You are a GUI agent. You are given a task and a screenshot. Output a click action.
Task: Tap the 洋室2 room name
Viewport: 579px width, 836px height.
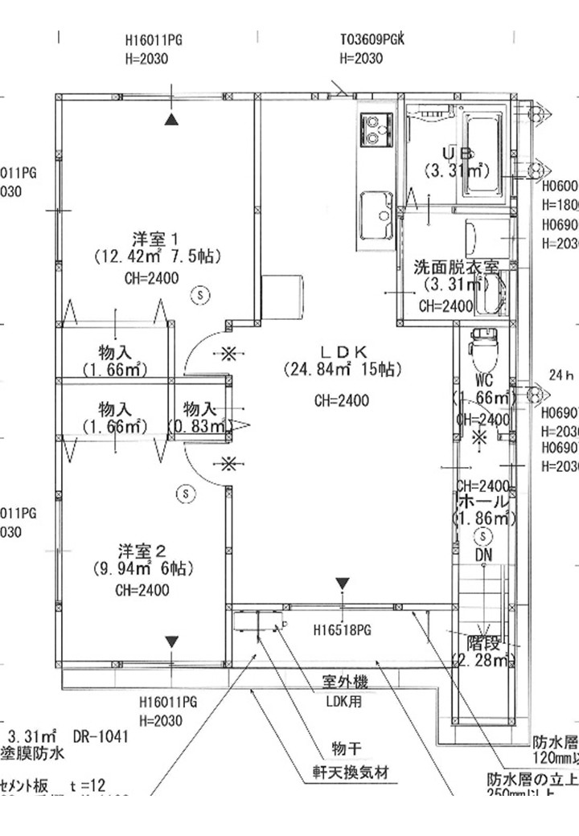click(142, 551)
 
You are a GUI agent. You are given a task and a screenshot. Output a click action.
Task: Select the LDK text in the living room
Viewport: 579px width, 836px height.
click(343, 350)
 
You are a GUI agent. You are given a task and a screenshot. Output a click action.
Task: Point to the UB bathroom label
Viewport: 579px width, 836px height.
click(456, 153)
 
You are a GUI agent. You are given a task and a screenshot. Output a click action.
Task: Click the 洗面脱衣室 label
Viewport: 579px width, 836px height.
click(456, 266)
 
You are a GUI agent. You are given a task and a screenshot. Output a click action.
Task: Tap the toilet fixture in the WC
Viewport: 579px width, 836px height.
click(483, 343)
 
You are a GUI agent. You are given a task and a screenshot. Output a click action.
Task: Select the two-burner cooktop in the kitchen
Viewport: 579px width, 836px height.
click(376, 130)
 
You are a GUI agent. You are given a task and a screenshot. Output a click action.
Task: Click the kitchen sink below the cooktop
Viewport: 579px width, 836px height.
click(375, 215)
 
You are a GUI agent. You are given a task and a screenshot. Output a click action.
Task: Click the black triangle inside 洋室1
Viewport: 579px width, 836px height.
click(170, 120)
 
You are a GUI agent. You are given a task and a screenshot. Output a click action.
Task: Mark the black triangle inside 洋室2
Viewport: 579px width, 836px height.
click(171, 641)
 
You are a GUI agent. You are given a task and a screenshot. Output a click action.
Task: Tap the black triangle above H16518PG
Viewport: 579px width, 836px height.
click(343, 583)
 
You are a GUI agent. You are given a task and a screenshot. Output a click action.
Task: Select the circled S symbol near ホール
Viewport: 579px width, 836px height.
click(482, 535)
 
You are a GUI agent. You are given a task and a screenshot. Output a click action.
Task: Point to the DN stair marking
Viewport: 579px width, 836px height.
click(482, 555)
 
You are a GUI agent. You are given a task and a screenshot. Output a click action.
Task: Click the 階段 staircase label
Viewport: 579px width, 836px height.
click(485, 643)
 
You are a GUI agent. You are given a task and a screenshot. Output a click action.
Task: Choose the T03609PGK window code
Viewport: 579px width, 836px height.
click(372, 39)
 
